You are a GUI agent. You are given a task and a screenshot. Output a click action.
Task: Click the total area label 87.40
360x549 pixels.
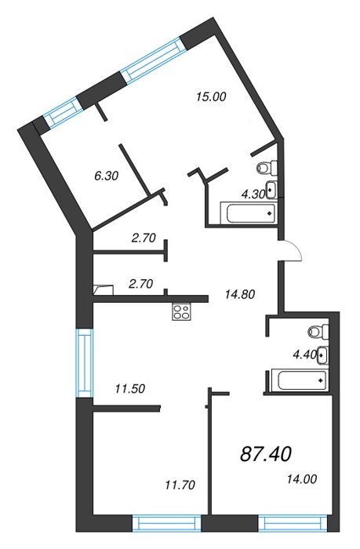point(266,454)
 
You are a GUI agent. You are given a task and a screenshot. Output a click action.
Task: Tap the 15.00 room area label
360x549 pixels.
point(211,96)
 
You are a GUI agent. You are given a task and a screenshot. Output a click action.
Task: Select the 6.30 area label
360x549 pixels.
point(107,176)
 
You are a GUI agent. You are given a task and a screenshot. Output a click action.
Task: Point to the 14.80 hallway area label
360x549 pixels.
point(240,294)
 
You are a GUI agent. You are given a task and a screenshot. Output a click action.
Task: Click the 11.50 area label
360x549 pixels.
point(130,389)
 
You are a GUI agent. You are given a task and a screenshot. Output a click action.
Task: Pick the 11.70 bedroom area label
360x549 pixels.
point(180,485)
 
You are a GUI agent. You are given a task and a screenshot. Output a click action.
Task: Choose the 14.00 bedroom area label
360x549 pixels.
point(302,478)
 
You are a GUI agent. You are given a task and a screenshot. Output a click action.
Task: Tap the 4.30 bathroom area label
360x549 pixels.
point(253,194)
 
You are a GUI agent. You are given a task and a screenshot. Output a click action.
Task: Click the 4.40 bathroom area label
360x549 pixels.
point(304,354)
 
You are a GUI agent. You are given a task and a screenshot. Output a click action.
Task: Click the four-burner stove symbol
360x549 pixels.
point(181,311)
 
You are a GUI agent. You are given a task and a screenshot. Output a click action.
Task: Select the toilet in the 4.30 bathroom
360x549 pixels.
point(267,167)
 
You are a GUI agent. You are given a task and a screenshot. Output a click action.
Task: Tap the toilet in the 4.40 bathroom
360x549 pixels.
point(318,331)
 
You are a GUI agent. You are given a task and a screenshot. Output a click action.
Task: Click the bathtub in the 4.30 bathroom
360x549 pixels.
point(249,213)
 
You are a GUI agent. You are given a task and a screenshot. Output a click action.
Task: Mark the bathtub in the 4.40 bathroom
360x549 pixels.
point(300,380)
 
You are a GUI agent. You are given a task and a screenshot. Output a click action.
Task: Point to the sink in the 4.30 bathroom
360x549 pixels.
point(271,190)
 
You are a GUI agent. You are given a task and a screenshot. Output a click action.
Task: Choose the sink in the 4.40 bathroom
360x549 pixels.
point(322,355)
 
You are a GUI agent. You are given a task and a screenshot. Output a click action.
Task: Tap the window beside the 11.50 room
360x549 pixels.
point(85,362)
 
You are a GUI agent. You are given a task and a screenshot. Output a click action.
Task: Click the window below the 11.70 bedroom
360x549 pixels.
point(167,523)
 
